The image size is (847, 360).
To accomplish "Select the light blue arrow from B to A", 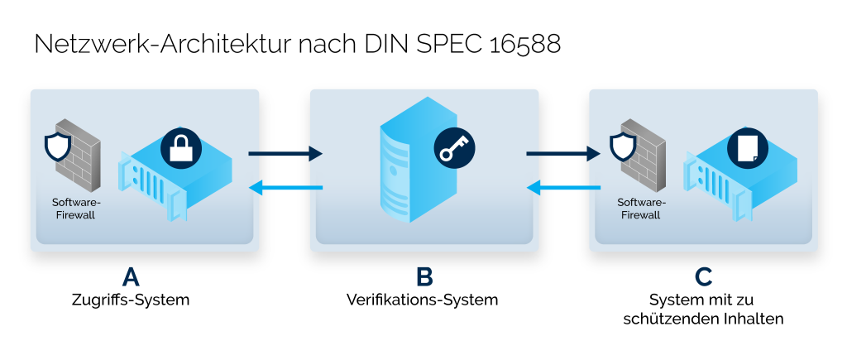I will coord(285,188).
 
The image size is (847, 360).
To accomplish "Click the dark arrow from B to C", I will coord(562,153).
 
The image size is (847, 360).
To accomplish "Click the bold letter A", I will coord(130,276).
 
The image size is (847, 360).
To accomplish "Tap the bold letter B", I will coord(423,276).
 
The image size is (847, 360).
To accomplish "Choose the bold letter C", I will coord(703,276).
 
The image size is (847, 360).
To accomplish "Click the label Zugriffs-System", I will coord(130,300).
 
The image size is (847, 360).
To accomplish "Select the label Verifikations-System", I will coord(423,300).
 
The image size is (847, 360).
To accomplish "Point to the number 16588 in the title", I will coord(520,45).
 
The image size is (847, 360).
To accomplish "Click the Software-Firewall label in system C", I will coord(641,209).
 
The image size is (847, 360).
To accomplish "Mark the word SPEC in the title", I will coord(440,45).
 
